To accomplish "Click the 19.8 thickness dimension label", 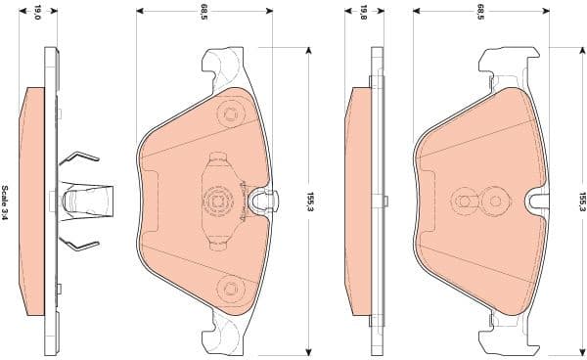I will (363, 13).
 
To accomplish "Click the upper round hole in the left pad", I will (231, 115).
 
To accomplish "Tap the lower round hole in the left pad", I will (231, 287).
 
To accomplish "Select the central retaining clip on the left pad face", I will (218, 201).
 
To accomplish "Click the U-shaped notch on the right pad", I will (538, 201).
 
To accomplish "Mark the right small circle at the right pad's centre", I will (497, 201).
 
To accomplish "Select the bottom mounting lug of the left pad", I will (224, 336).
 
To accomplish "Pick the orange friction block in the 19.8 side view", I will (358, 201).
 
